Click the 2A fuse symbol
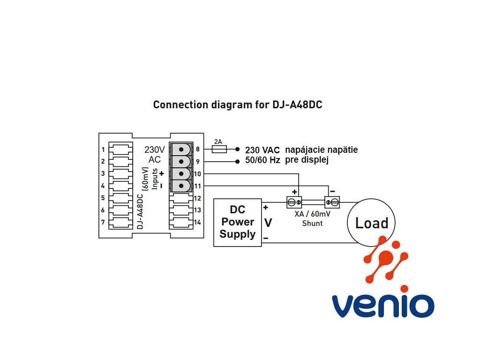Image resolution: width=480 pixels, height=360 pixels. (219, 150)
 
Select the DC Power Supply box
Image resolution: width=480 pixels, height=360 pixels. (238, 223)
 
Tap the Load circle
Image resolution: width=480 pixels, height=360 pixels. (371, 223)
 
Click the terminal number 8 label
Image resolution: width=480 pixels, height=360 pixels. (198, 149)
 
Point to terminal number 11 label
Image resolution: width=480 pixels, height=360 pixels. (197, 186)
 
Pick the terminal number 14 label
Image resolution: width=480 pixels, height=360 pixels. (197, 223)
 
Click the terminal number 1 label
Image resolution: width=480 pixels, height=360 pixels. (103, 150)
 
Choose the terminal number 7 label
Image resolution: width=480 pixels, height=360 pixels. (103, 222)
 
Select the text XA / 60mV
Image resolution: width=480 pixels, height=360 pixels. (313, 214)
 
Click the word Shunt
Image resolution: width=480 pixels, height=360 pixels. (313, 224)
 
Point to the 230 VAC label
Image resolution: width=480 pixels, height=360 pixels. (262, 150)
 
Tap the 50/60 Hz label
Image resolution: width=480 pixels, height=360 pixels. (262, 160)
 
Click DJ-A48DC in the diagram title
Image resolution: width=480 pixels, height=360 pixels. (297, 105)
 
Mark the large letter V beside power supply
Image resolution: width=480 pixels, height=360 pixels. (268, 223)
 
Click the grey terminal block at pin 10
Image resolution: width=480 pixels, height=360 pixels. (181, 173)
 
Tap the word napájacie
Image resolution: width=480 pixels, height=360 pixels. (305, 150)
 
